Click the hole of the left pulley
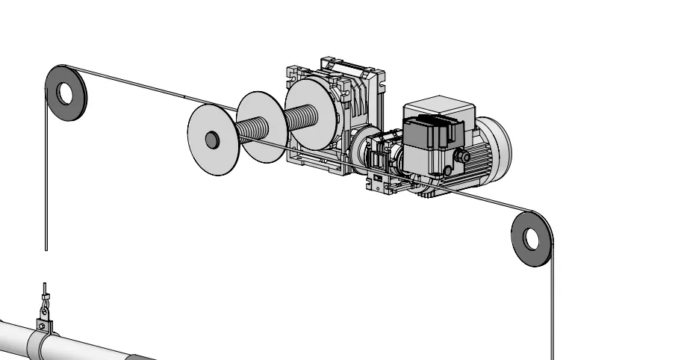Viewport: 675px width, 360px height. tap(66, 93)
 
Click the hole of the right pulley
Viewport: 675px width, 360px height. tap(531, 238)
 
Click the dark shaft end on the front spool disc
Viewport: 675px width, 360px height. tap(212, 139)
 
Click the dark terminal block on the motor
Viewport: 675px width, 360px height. tap(426, 135)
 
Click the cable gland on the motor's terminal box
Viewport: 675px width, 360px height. tap(462, 156)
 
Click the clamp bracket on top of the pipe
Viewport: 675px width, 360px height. tap(43, 324)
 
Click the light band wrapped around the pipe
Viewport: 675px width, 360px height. tap(38, 346)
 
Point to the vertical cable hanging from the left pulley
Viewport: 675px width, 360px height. tap(46, 187)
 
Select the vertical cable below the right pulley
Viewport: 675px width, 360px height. tap(553, 314)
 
